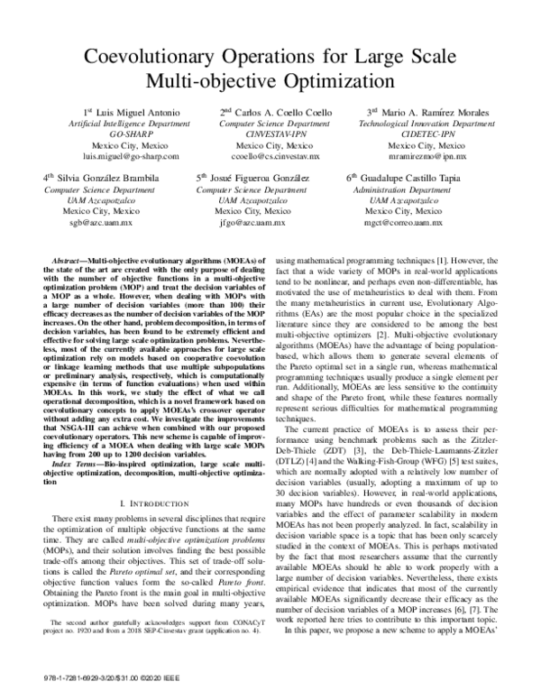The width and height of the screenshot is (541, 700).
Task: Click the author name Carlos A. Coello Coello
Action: (276, 111)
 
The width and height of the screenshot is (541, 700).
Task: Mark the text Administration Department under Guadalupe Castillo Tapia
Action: (403, 189)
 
